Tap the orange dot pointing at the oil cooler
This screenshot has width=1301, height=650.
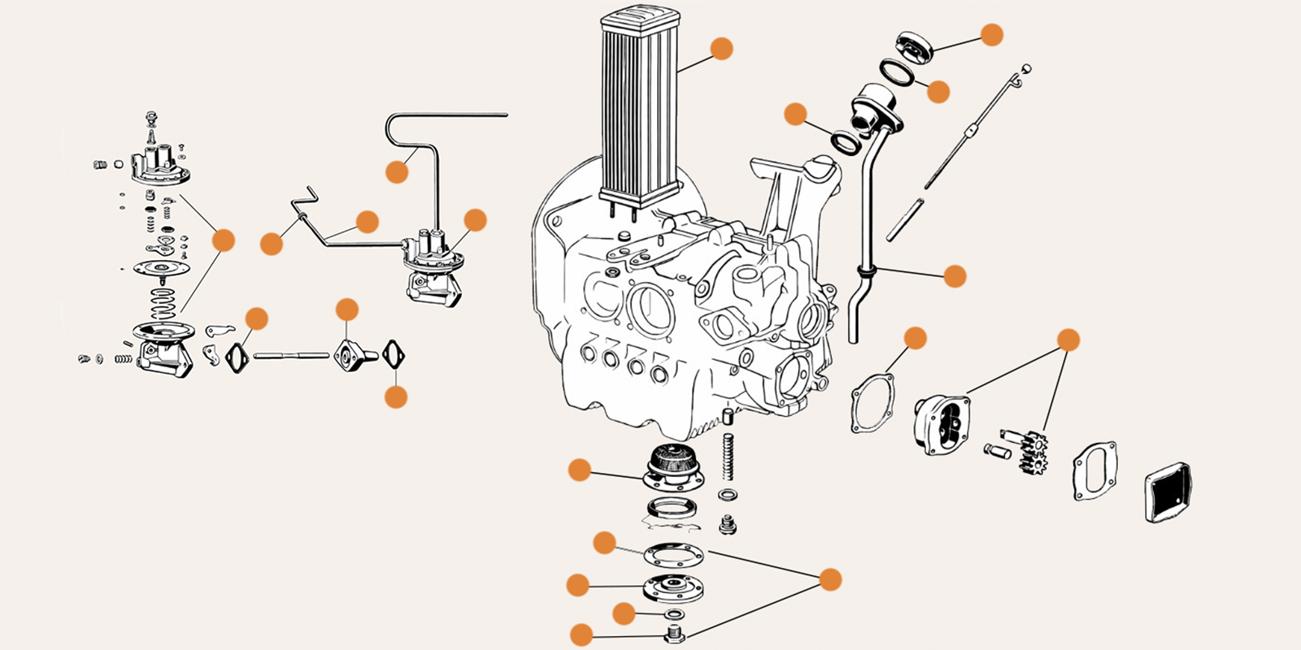(721, 49)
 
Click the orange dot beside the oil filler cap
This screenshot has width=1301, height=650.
(992, 34)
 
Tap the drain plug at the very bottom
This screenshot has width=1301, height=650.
(673, 635)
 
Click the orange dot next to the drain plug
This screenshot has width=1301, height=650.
(581, 635)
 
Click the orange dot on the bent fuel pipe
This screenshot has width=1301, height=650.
(397, 171)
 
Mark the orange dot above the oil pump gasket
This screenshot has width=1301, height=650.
(916, 338)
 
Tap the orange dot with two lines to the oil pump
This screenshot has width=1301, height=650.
(1068, 340)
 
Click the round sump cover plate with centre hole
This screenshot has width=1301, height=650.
(673, 587)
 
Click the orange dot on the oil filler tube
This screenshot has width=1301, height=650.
(955, 276)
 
